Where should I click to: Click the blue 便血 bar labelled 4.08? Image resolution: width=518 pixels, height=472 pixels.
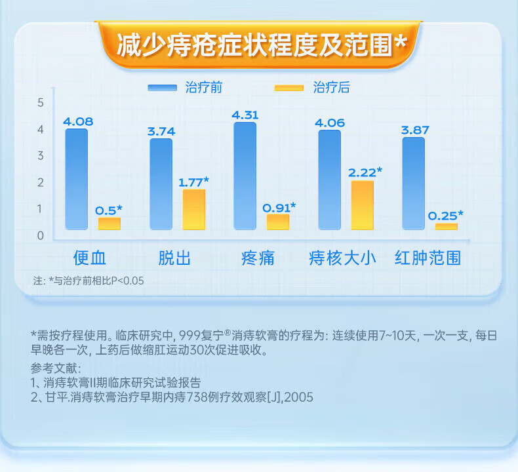pos(76,179)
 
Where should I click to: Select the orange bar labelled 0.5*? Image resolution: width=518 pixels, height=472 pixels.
pos(110,224)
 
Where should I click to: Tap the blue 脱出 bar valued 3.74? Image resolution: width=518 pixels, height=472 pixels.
pos(161,184)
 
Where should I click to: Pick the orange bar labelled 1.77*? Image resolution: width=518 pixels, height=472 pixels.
pos(194,209)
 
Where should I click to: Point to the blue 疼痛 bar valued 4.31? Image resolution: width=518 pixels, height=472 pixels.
pos(245,176)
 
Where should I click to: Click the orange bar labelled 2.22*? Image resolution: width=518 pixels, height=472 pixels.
pos(363,205)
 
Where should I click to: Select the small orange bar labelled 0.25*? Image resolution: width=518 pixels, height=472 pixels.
pos(447,227)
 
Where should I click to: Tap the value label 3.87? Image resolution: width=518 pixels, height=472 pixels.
pos(415,130)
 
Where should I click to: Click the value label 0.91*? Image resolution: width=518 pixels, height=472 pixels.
pos(279,208)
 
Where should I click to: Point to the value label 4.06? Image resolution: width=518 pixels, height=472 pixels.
pos(330,123)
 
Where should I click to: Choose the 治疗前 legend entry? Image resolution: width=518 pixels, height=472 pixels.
pos(185,88)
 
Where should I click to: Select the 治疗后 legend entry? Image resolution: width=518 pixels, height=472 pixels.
pos(312,88)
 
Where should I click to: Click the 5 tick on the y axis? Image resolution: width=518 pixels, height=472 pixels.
pos(40,103)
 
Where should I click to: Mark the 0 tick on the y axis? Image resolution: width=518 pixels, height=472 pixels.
pos(40,235)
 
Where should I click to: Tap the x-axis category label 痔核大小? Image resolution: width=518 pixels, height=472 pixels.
pos(342,258)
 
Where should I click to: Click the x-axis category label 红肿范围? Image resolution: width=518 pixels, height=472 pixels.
pos(428,258)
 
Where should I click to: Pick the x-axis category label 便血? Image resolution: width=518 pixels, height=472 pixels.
pos(90,258)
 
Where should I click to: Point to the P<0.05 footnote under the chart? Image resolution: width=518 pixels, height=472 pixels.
pos(89,281)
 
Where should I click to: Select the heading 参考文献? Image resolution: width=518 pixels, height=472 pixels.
pos(56,368)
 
